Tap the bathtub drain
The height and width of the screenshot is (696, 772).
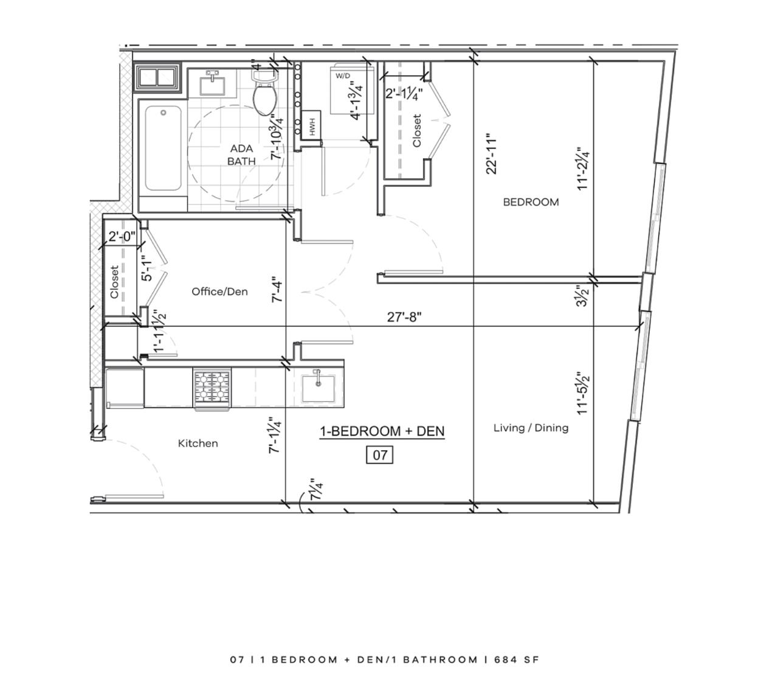[x=164, y=113]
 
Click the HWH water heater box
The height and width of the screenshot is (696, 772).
[x=311, y=124]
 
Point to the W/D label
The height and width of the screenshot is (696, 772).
[x=342, y=76]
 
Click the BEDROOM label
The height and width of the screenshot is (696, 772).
[x=531, y=202]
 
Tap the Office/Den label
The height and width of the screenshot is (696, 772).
[x=219, y=291]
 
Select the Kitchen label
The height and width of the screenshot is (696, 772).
[x=198, y=444]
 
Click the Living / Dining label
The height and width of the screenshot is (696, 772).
[x=531, y=428]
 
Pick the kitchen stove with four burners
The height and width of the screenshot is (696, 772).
[x=212, y=389]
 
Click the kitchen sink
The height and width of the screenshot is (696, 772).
[x=319, y=388]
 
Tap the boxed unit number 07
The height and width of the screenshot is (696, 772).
[x=379, y=455]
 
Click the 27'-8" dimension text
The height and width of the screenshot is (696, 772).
[x=404, y=316]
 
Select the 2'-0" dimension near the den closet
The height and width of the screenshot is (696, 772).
[x=122, y=237]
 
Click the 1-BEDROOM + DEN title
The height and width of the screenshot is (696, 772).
[x=382, y=431]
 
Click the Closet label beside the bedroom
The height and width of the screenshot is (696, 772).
[x=417, y=131]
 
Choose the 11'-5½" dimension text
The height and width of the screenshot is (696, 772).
[x=583, y=393]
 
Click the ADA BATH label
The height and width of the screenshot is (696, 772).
[x=241, y=155]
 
